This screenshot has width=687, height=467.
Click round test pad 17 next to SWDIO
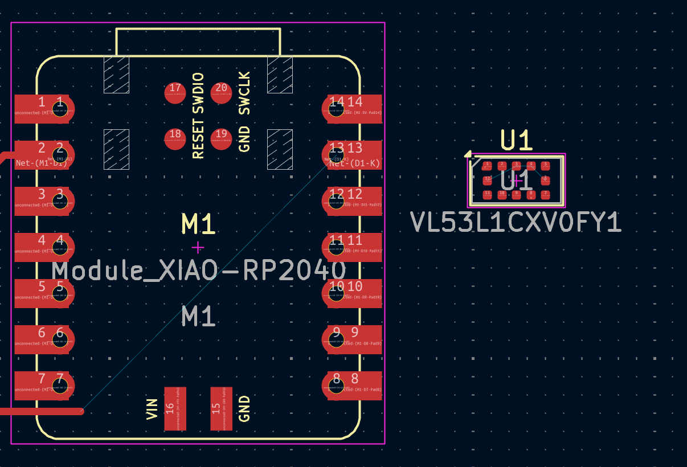tap(175, 92)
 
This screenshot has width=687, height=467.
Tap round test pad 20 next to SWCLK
tap(221, 92)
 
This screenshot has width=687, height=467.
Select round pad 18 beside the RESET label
tap(175, 138)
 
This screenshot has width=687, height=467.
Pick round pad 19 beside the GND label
tap(221, 138)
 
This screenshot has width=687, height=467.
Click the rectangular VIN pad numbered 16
tap(175, 408)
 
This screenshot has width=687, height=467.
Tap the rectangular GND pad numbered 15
tap(221, 408)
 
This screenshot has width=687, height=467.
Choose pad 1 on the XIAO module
tap(43, 109)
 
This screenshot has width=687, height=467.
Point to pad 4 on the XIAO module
tap(43, 247)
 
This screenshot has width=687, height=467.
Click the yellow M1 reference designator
tap(198, 224)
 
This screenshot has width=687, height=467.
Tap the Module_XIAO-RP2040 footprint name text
tap(199, 270)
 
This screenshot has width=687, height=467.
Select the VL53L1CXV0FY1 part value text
tap(516, 223)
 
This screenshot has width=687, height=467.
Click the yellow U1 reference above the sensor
tap(516, 140)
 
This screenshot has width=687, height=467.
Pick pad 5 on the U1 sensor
tap(545, 166)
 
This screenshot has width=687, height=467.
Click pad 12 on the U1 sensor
tap(487, 180)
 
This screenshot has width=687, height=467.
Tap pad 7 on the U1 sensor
tap(545, 194)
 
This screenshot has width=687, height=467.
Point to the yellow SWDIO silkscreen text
tap(198, 94)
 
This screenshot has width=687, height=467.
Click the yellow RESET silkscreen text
tap(198, 139)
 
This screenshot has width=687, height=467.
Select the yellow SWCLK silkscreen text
tap(244, 93)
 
